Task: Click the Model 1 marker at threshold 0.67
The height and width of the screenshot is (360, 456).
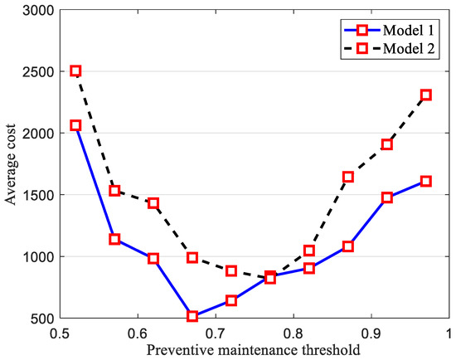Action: [x=192, y=316]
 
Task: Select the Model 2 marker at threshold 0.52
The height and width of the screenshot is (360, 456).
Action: [x=75, y=71]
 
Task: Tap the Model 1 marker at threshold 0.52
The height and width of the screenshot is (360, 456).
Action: [x=75, y=125]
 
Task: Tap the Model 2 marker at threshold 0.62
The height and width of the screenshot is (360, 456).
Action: [x=153, y=203]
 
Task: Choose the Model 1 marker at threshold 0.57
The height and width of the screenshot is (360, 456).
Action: [x=114, y=239]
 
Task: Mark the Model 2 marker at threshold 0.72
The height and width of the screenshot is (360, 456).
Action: [x=231, y=271]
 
